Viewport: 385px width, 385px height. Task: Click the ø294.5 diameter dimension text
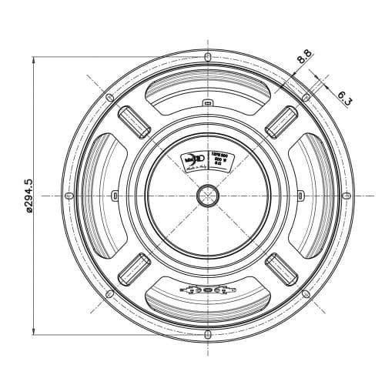click(29, 196)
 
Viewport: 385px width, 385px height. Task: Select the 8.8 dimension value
click(304, 56)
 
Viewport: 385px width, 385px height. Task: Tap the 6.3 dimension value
click(344, 98)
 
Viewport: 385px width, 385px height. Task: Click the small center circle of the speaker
click(207, 196)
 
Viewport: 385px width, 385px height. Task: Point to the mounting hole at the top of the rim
click(207, 57)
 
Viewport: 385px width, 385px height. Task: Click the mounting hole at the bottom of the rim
click(207, 334)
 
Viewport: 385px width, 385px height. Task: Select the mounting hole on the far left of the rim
click(69, 196)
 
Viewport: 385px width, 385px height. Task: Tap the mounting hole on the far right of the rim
click(346, 196)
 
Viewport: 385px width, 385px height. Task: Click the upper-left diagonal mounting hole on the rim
click(109, 98)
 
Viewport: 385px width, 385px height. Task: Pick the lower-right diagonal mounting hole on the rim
click(305, 293)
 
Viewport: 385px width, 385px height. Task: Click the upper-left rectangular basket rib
click(133, 121)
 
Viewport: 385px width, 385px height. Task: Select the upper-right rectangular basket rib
click(281, 121)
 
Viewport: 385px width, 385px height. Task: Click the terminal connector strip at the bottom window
click(207, 291)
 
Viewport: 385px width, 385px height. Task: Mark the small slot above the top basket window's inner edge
click(207, 102)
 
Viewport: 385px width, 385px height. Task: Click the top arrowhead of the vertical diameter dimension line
click(35, 59)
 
